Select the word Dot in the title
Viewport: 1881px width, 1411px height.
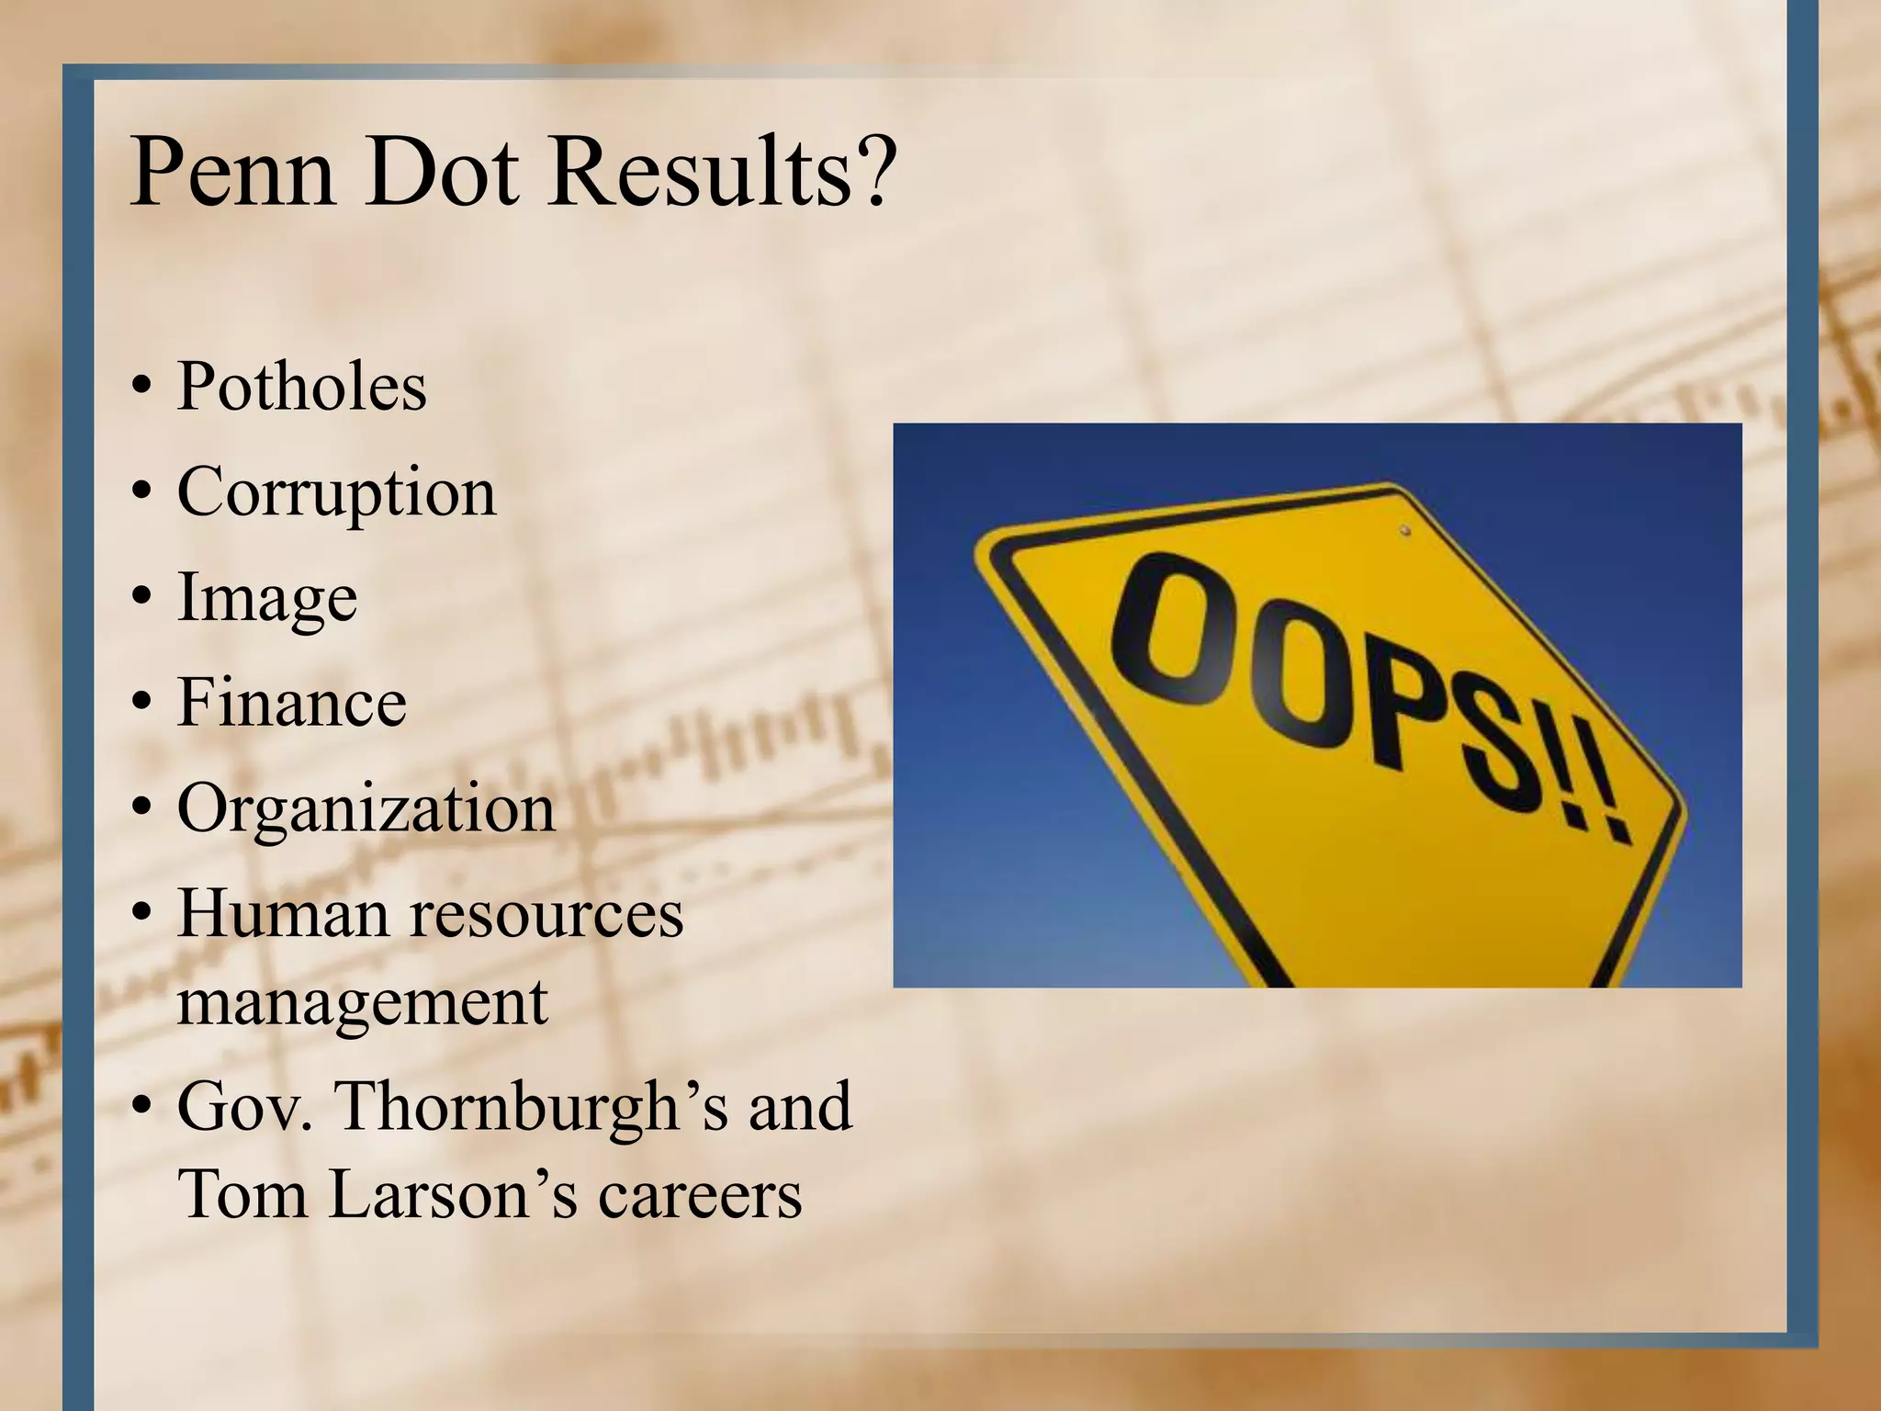pyautogui.click(x=445, y=173)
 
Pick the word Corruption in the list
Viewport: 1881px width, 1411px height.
pyautogui.click(x=336, y=492)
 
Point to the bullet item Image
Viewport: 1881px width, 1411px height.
pyautogui.click(x=266, y=598)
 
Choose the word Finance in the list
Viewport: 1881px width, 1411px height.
pyautogui.click(x=291, y=703)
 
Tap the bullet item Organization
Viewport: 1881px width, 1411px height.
pyautogui.click(x=366, y=808)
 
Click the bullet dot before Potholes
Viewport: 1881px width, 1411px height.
pyautogui.click(x=140, y=388)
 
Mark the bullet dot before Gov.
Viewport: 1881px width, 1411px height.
pyautogui.click(x=140, y=1109)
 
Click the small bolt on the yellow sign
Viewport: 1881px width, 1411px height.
pyautogui.click(x=1404, y=530)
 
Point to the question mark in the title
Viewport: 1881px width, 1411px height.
pyautogui.click(x=873, y=173)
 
